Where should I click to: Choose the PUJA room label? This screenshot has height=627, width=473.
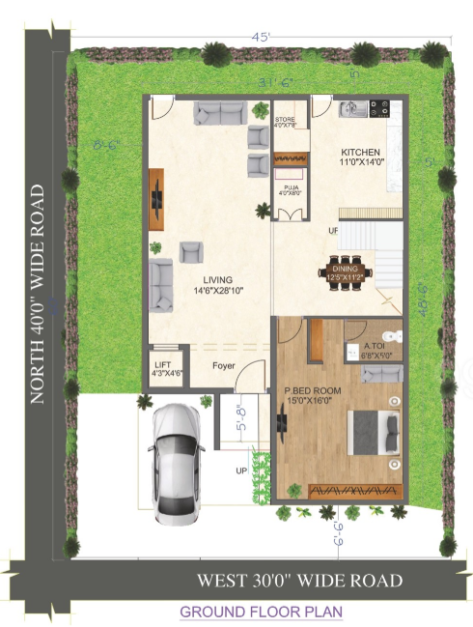pos(290,188)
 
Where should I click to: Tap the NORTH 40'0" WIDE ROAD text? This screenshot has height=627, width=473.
pos(37,294)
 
